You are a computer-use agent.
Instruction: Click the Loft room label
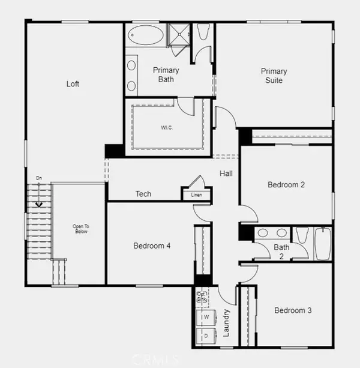[x=73, y=84]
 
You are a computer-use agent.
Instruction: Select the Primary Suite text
[x=273, y=76]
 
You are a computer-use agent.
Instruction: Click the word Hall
[x=226, y=173]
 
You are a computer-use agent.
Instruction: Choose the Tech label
[x=143, y=194]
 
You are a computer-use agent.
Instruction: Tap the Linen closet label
[x=196, y=195]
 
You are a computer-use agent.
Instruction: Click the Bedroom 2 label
[x=286, y=185]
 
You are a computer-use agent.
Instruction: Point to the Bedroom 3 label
[x=293, y=310]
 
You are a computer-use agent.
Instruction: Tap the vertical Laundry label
[x=227, y=322]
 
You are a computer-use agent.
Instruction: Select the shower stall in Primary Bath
[x=178, y=35]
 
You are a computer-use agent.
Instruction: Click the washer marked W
[x=206, y=316]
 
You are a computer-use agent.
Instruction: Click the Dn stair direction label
[x=39, y=178]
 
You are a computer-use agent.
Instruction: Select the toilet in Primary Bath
[x=202, y=31]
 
